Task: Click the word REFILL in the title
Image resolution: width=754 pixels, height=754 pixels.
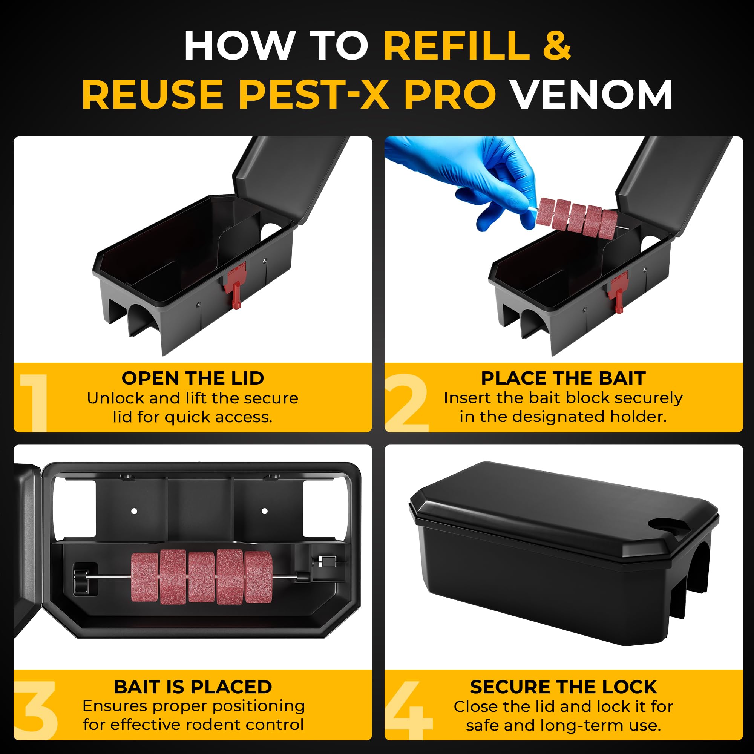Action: (456, 45)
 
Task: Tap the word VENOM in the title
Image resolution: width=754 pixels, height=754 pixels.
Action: (592, 95)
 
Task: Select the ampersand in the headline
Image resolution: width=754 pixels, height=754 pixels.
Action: (556, 45)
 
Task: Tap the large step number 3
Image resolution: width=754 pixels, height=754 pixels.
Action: (36, 710)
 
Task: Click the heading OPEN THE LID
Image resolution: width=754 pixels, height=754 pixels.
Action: (193, 378)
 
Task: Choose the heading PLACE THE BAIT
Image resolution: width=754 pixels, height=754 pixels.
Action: (563, 378)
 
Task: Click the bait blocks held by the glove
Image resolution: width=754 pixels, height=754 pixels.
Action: (577, 217)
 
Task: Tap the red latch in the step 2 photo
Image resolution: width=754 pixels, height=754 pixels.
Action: (618, 291)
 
